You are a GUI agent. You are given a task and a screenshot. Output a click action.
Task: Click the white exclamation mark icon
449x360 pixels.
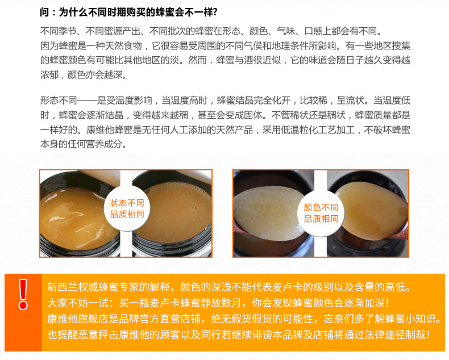(23, 294)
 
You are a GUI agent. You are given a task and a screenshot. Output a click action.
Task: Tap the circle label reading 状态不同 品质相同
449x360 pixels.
(127, 208)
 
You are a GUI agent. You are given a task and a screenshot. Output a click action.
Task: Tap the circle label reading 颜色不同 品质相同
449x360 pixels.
(321, 213)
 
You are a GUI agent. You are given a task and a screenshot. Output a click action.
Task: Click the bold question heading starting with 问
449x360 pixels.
(129, 12)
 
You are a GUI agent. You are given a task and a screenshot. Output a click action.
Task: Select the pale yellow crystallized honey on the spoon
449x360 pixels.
(268, 212)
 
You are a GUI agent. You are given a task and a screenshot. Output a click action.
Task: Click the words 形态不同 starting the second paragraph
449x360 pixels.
(59, 101)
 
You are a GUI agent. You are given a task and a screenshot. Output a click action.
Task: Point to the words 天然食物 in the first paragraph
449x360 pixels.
(124, 46)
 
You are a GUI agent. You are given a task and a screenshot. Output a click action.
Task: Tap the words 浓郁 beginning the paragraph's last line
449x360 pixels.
(49, 75)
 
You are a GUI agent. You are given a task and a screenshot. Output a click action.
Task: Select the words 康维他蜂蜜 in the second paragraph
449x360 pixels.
(109, 130)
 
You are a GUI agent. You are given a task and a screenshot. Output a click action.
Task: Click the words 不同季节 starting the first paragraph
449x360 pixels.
(59, 31)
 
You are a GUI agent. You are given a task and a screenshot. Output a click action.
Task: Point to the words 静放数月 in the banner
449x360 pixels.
(221, 303)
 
